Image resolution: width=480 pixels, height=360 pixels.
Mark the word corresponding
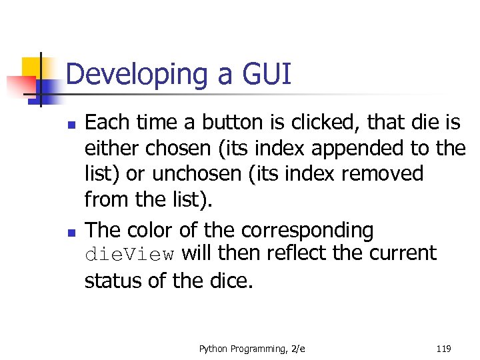(307, 230)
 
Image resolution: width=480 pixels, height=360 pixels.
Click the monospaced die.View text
(129, 255)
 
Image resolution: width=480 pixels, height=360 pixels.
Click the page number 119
(443, 349)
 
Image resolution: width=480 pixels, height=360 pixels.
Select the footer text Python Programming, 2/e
(252, 349)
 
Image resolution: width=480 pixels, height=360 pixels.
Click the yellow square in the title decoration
(33, 67)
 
